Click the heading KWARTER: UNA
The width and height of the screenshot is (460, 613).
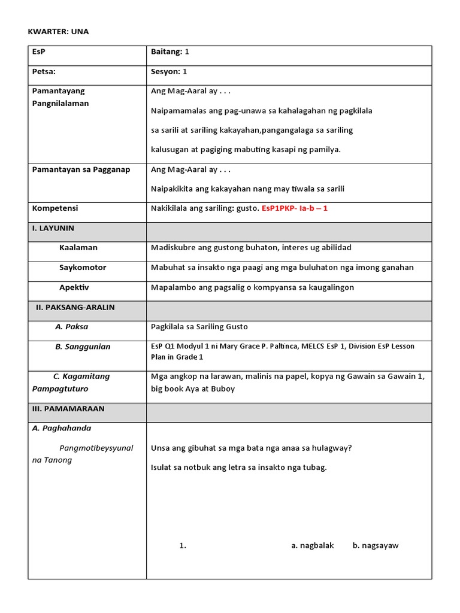pos(58,32)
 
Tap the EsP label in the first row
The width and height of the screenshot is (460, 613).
pos(39,52)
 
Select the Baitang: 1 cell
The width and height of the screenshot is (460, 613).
pos(170,52)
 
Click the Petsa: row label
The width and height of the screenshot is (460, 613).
pos(44,72)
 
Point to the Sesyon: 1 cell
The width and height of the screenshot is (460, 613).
pos(169,72)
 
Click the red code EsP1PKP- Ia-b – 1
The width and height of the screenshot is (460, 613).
pos(295,208)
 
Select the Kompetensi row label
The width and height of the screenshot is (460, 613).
pos(55,208)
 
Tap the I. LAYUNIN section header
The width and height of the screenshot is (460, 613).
pos(53,228)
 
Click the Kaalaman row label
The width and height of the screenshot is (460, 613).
pos(78,248)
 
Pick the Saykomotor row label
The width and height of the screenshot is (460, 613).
pos(83,268)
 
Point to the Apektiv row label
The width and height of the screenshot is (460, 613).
pos(74,287)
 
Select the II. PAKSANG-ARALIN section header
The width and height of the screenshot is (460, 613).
pos(75,307)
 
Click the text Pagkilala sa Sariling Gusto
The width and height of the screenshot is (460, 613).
pos(199,327)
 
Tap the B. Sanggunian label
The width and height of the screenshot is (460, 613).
pos(83,347)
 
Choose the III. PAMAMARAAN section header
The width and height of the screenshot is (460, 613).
pos(68,409)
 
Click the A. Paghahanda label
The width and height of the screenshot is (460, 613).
pos(61,429)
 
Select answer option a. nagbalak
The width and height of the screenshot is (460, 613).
pos(312,545)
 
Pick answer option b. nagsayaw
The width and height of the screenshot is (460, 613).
pos(376,545)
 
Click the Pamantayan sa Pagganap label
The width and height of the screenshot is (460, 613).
pos(81,169)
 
